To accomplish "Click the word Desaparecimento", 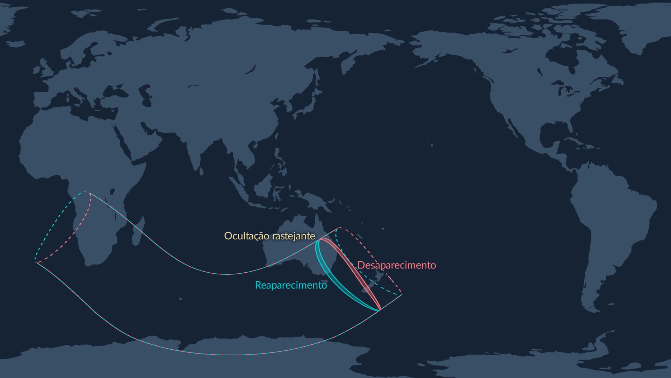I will (x=397, y=265).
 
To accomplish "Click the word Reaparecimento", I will (x=291, y=285).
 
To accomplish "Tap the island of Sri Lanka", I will (x=201, y=171).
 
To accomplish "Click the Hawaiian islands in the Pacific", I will (x=431, y=144).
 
